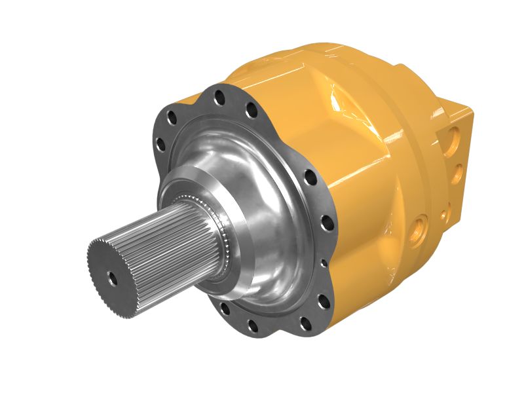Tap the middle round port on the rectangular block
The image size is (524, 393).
pyautogui.click(x=458, y=173)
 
